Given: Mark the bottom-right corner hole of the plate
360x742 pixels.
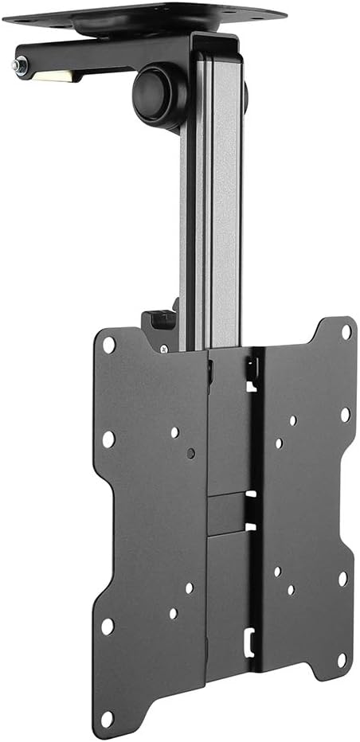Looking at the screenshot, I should pos(342,660).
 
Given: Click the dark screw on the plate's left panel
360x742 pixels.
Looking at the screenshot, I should pos(190,453).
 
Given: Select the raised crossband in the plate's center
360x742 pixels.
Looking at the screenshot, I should pos(231,514).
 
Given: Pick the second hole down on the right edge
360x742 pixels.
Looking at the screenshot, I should pos(345,415).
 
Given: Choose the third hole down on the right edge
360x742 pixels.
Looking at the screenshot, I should pos(343,579).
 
